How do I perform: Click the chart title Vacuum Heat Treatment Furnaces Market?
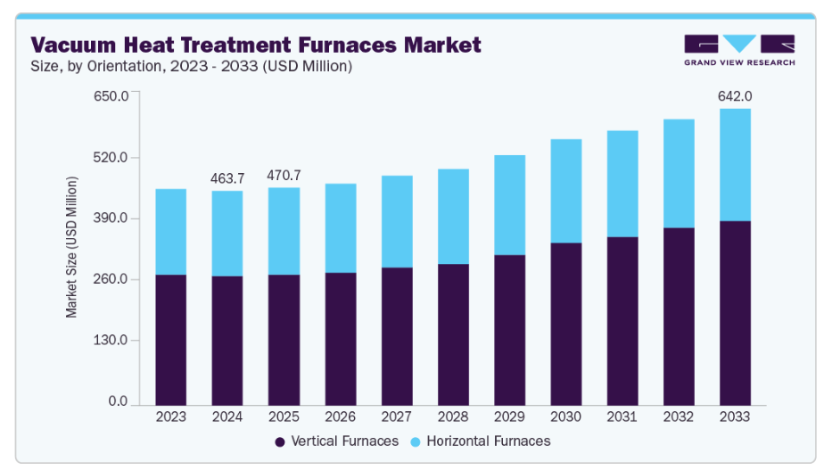tap(256, 44)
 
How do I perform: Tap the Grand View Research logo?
tap(739, 50)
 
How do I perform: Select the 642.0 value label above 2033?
tap(736, 96)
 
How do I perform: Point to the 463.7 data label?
tap(227, 178)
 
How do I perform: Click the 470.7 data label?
tap(284, 175)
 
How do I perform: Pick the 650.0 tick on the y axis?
tap(111, 95)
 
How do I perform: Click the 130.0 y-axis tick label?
tap(111, 341)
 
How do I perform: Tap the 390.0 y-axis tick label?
tap(111, 219)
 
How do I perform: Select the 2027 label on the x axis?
tap(397, 416)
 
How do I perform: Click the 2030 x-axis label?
tap(566, 416)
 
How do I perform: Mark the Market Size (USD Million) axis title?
tap(71, 247)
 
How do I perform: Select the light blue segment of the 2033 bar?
tap(736, 165)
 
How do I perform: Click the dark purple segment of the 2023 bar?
tap(170, 339)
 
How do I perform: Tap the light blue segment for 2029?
tap(509, 205)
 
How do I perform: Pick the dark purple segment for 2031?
tap(622, 321)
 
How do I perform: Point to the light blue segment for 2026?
tap(340, 228)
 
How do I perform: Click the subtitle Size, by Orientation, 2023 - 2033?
tap(192, 66)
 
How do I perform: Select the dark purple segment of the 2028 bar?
tap(453, 334)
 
